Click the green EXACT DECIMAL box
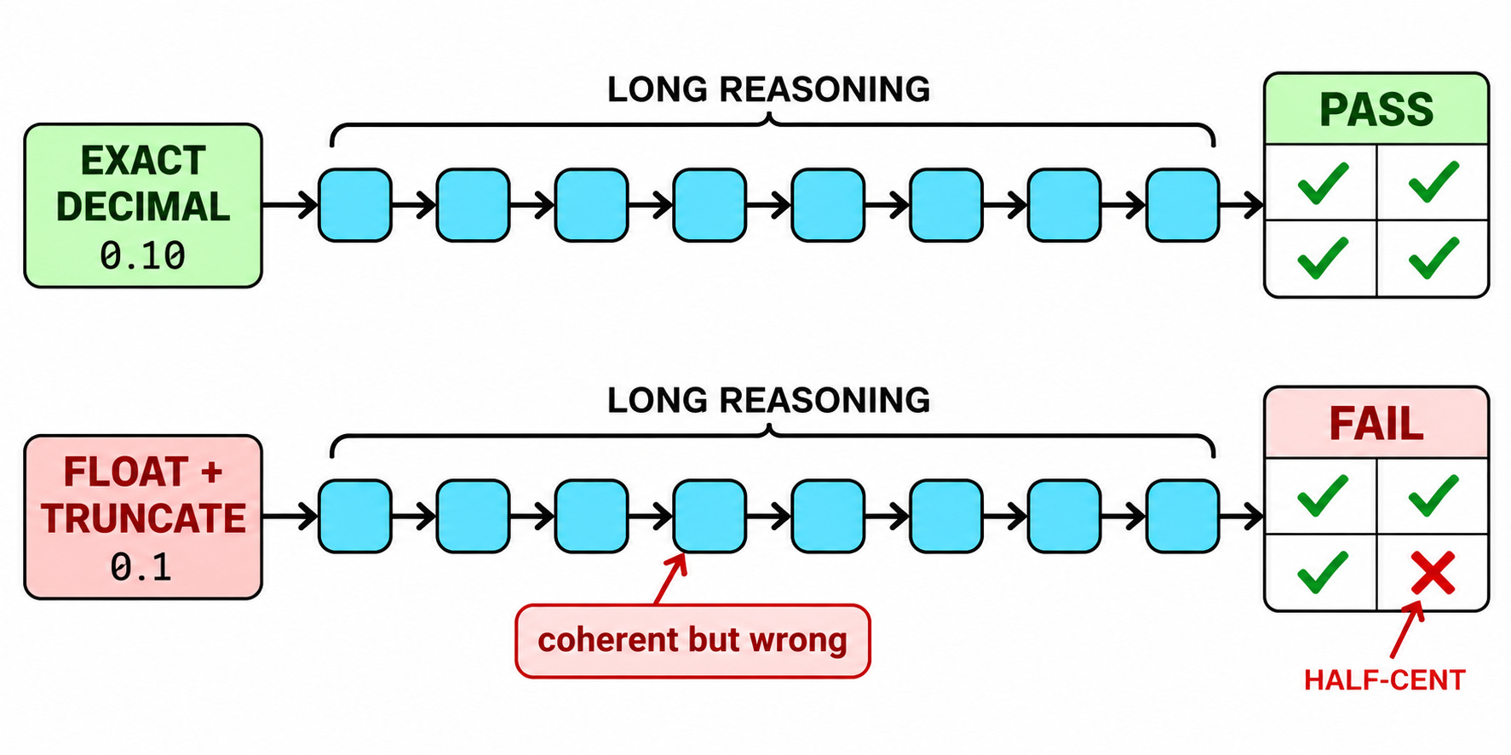(143, 206)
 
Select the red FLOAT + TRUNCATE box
(143, 518)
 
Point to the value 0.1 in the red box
(141, 568)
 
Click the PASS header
(1376, 109)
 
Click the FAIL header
(1376, 423)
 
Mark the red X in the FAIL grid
(1433, 573)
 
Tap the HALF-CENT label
(1384, 680)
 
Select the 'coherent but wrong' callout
(692, 641)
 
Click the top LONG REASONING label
(768, 89)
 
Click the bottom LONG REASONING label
(768, 400)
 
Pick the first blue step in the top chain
(355, 205)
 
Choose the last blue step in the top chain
(1182, 205)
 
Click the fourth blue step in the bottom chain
(710, 517)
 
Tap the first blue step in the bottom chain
(355, 517)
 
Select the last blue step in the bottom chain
(1182, 517)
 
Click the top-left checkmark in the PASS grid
(1323, 182)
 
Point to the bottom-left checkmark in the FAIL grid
(1323, 572)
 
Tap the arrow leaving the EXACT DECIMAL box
(290, 205)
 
